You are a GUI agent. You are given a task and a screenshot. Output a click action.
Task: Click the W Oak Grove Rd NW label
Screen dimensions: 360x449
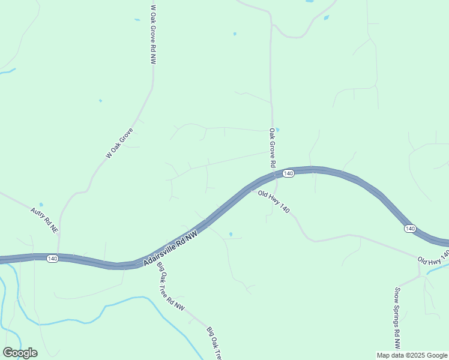pos(153,35)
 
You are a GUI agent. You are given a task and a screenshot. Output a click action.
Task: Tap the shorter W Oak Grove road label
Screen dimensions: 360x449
pos(119,143)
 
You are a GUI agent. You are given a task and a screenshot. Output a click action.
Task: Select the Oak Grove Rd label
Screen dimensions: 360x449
pos(272,148)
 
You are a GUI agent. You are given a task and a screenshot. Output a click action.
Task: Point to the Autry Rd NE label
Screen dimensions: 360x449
pos(44,220)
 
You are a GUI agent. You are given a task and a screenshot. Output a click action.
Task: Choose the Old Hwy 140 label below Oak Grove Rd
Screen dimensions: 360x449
pos(274,202)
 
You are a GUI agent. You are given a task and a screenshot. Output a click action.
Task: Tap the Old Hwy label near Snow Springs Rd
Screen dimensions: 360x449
pos(433,259)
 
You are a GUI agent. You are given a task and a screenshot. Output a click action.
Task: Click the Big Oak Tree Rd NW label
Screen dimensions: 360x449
pos(171,287)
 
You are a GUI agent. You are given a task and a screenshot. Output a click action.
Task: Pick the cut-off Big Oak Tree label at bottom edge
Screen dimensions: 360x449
pos(214,343)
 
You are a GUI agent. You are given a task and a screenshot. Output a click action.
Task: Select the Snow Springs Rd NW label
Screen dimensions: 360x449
pos(397,318)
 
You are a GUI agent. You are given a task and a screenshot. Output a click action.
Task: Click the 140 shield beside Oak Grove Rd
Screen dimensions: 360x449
pos(288,173)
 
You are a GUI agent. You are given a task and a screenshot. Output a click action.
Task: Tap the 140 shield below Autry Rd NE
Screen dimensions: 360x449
pos(52,259)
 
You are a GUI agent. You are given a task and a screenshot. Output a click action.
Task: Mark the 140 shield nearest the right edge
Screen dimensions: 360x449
pos(409,229)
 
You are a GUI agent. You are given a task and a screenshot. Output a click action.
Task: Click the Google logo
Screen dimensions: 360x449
pos(20,353)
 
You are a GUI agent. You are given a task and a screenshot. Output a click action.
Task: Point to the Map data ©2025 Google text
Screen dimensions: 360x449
pos(412,355)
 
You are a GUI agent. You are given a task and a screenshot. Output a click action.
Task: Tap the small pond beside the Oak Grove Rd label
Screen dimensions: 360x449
pos(277,129)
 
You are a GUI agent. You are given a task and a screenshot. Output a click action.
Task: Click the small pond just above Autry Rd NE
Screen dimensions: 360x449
pos(41,205)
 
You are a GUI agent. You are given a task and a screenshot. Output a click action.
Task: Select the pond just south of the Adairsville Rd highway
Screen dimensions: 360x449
pos(231,234)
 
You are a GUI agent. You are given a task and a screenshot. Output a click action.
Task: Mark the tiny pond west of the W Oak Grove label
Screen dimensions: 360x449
pos(100,100)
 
